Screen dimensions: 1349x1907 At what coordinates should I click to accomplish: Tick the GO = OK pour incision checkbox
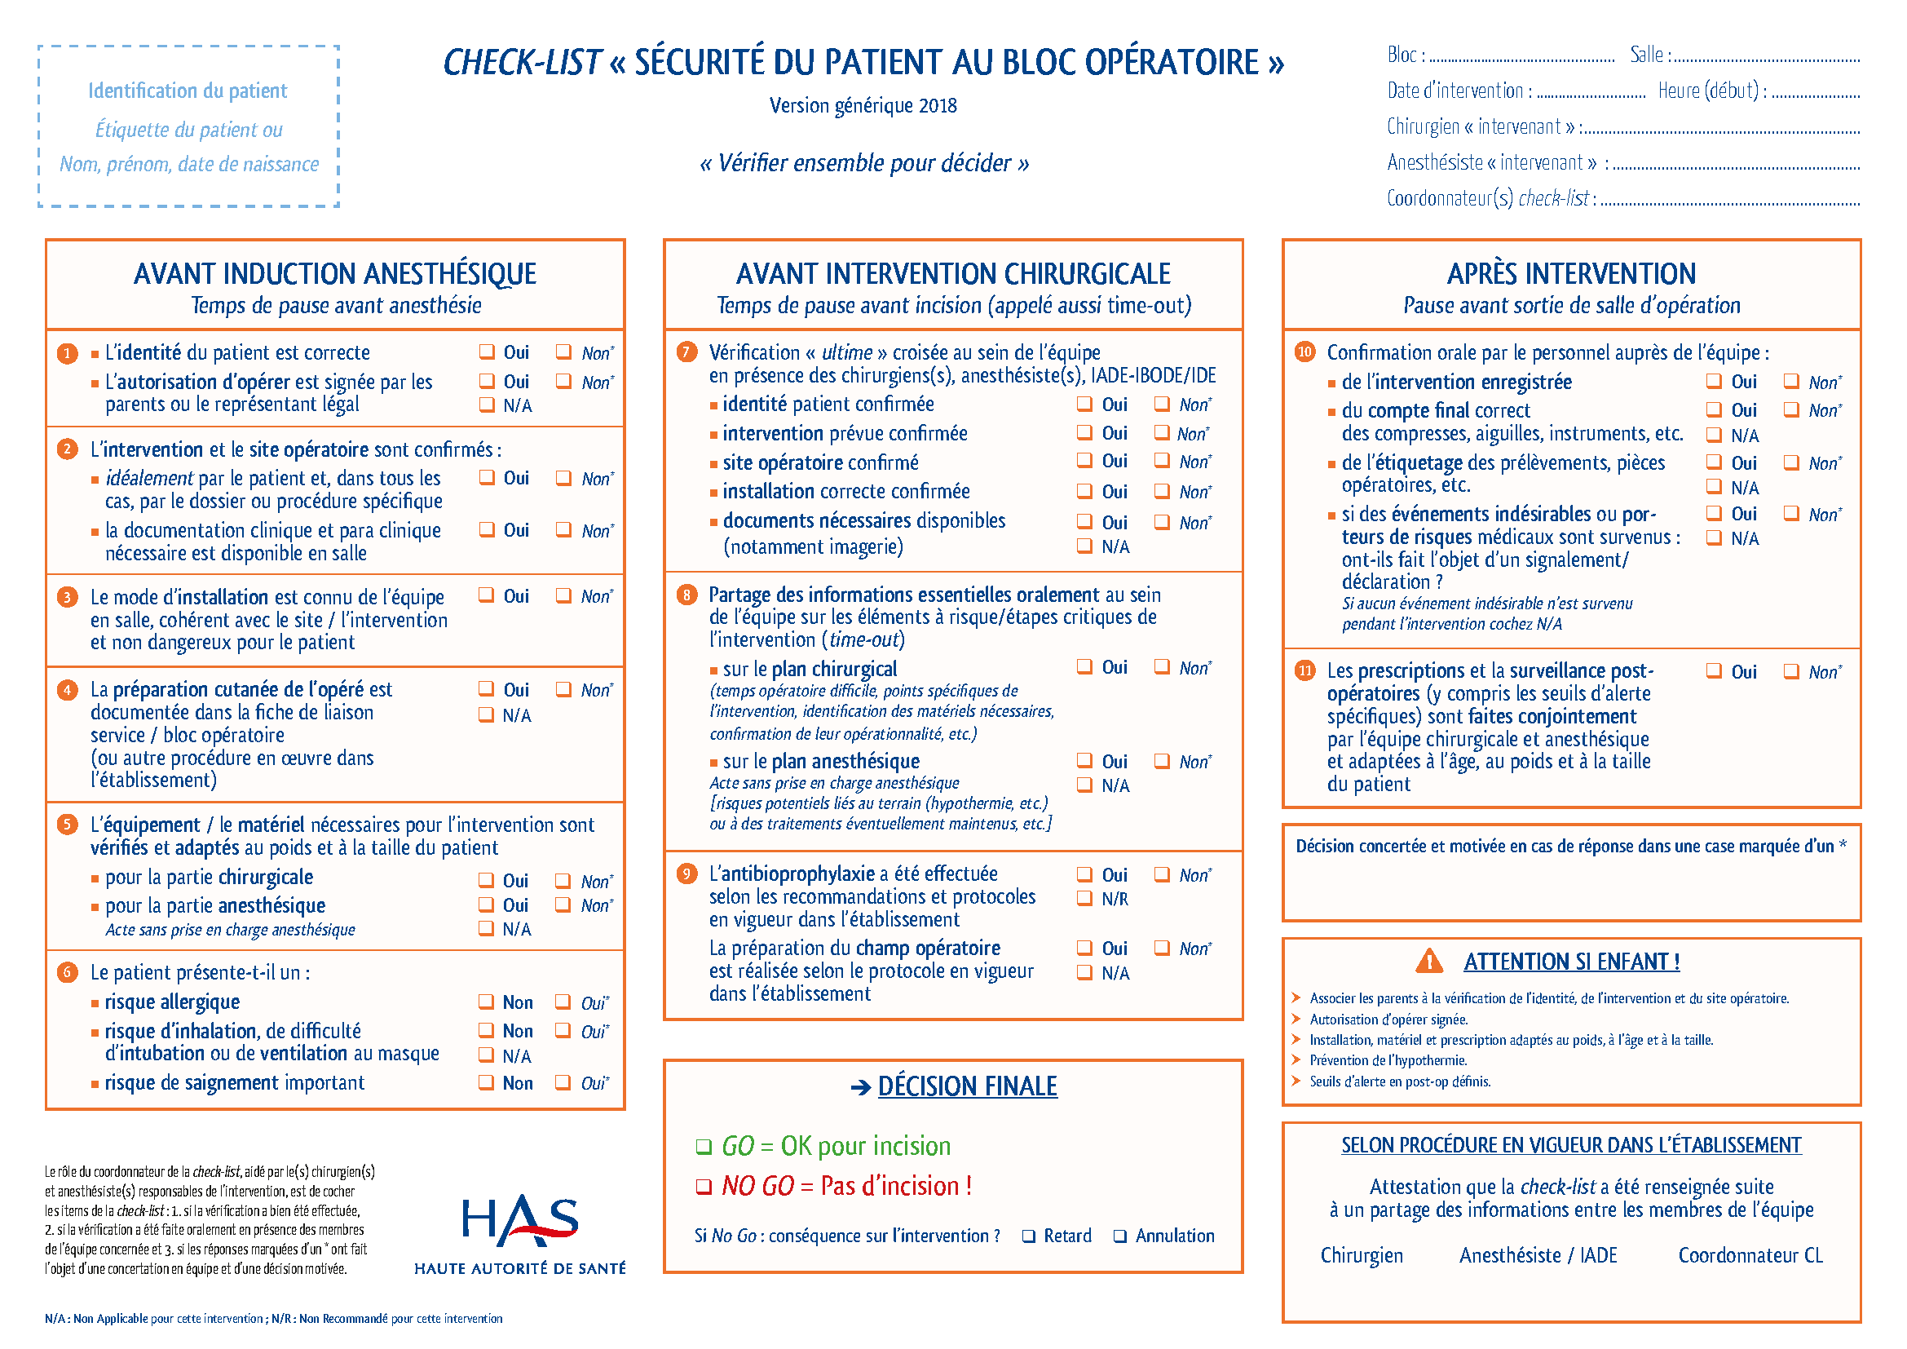coord(704,1148)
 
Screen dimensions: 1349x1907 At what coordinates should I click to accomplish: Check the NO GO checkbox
coord(704,1186)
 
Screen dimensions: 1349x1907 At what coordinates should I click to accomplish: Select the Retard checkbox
coord(1029,1236)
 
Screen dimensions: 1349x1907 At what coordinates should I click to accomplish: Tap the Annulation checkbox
coord(1119,1236)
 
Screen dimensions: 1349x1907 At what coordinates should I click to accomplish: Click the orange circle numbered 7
coord(686,352)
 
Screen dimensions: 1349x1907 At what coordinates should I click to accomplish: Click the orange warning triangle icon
coord(1428,961)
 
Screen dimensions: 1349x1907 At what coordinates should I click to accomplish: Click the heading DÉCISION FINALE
coord(967,1086)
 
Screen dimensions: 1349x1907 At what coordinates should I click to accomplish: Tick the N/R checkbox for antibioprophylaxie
coord(1084,898)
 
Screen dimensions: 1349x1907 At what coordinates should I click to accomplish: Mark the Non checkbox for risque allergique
coord(486,1002)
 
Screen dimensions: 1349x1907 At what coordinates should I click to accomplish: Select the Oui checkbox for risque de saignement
coord(563,1082)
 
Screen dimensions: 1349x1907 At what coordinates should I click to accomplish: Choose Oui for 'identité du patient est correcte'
coord(487,352)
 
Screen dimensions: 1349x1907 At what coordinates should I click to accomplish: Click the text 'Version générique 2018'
coord(863,105)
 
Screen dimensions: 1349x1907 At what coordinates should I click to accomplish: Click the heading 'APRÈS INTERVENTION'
coord(1570,273)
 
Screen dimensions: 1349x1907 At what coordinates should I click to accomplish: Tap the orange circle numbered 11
coord(1304,670)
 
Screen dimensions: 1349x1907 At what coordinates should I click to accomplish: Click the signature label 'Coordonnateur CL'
coord(1750,1255)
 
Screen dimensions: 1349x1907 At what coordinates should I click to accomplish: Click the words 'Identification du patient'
coord(188,91)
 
